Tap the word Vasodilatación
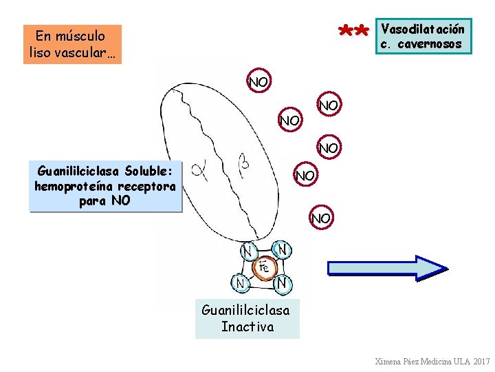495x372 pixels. pyautogui.click(x=423, y=29)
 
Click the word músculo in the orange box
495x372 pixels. pyautogui.click(x=80, y=36)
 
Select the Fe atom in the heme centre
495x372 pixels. pyautogui.click(x=263, y=266)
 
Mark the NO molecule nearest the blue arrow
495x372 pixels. pyautogui.click(x=320, y=218)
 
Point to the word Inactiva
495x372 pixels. pyautogui.click(x=247, y=327)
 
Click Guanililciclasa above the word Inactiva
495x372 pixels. pyautogui.click(x=245, y=310)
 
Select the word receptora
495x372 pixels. pyautogui.click(x=146, y=186)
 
